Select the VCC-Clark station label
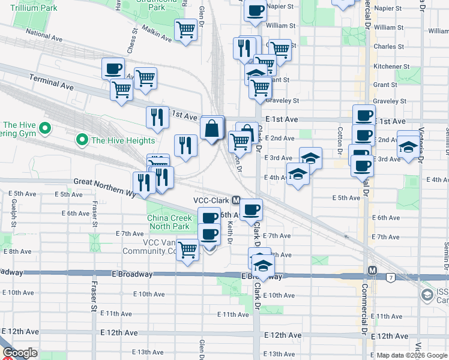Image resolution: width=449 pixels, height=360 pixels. click(212, 200)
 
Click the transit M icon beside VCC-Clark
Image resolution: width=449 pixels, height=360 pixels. click(237, 200)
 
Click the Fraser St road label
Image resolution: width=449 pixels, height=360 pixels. click(94, 305)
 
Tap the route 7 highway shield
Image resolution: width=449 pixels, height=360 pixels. click(391, 278)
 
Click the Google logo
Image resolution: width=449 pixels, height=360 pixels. click(20, 353)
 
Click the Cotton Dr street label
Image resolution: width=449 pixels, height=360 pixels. click(340, 139)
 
